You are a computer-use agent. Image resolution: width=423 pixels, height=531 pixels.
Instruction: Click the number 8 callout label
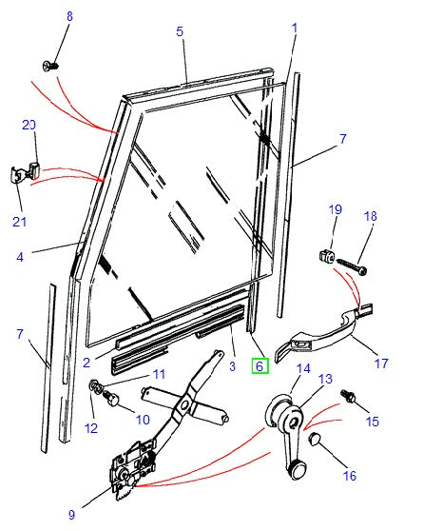click(x=67, y=17)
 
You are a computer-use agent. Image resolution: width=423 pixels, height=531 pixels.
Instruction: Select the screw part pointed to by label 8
click(x=50, y=66)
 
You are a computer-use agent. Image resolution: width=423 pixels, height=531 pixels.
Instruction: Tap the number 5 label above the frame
click(x=180, y=31)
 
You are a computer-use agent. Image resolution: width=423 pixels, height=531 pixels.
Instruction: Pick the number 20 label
click(x=29, y=126)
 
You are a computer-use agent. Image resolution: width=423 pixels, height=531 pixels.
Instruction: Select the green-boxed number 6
click(x=258, y=365)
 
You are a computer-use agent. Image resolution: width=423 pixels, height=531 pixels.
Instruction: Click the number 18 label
click(x=370, y=218)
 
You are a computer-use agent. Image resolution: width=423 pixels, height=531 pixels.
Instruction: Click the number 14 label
click(x=303, y=368)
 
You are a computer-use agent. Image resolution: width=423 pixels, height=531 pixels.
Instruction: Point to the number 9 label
click(x=70, y=515)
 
